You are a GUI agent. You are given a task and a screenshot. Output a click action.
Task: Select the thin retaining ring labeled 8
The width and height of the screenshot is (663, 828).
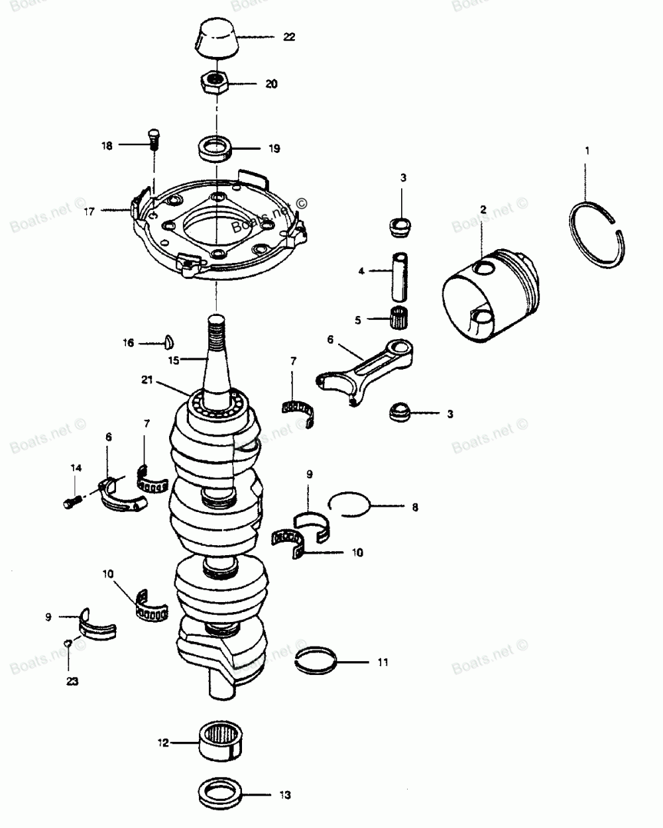pyautogui.click(x=349, y=505)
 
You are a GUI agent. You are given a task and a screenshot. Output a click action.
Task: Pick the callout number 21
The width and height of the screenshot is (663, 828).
pyautogui.click(x=147, y=380)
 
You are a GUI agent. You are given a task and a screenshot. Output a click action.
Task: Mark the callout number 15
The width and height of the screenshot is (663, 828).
pyautogui.click(x=174, y=360)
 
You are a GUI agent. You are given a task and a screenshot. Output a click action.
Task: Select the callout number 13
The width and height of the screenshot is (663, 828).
pyautogui.click(x=284, y=795)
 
